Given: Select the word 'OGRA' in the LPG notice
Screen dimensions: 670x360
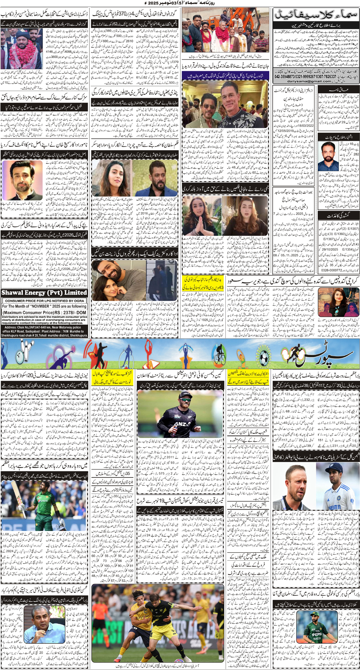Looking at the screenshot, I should (79, 301).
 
